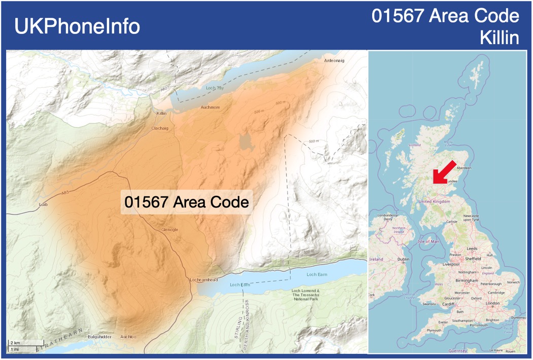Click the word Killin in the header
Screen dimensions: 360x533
click(x=500, y=38)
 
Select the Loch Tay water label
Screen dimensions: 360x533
click(x=215, y=88)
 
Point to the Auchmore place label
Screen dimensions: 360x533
click(x=210, y=107)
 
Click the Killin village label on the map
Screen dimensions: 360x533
click(x=161, y=114)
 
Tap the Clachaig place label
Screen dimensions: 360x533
click(x=160, y=128)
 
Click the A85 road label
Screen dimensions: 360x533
click(x=65, y=193)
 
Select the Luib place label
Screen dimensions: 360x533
click(x=43, y=205)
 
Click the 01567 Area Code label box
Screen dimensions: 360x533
click(x=187, y=202)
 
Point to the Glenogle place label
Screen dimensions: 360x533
click(x=169, y=230)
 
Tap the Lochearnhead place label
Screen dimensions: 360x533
click(x=203, y=280)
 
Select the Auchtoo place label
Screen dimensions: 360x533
click(x=128, y=337)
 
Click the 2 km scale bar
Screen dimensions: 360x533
click(x=25, y=343)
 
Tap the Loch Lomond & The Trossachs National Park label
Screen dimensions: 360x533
click(x=306, y=295)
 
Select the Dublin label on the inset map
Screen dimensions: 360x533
click(x=404, y=259)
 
